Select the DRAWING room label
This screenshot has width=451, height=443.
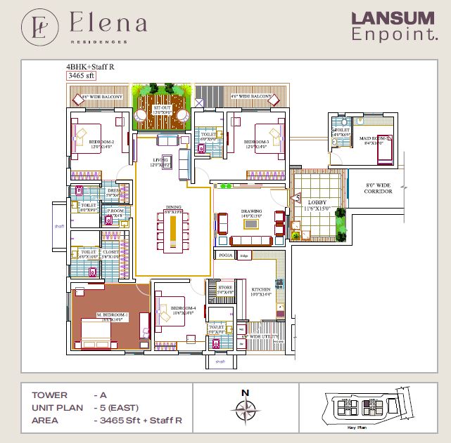[251, 210]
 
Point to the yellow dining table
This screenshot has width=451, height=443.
[172, 232]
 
